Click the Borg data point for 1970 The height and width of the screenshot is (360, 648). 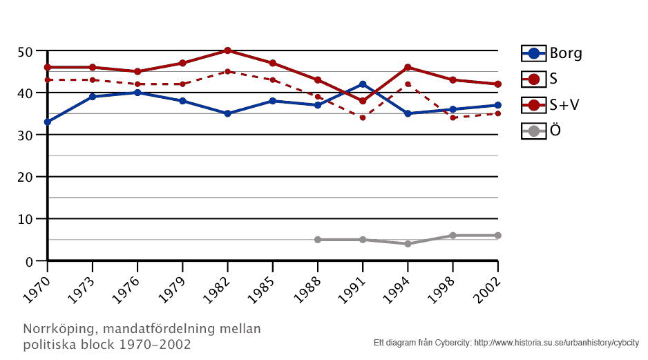[x=48, y=122]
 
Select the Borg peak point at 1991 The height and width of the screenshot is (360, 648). [x=363, y=84]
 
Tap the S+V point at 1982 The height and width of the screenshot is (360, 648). [x=227, y=50]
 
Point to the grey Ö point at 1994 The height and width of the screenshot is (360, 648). [x=408, y=244]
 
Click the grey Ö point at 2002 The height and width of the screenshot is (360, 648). [x=497, y=236]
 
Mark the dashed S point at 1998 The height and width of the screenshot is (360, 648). [x=452, y=117]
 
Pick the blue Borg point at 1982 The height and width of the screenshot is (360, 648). [x=227, y=113]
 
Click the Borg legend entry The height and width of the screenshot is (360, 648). [x=551, y=53]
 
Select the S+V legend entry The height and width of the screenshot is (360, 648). [x=551, y=104]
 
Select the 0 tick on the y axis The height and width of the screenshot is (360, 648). [x=29, y=261]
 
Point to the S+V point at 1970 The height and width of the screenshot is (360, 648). [x=48, y=67]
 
